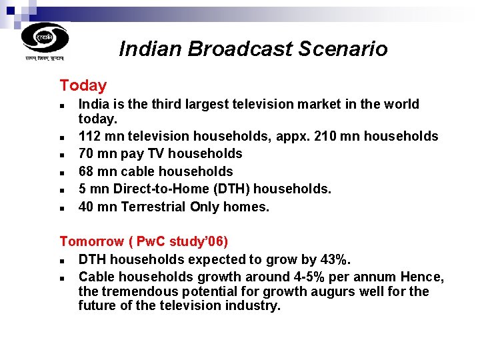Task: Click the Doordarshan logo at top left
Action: pyautogui.click(x=45, y=39)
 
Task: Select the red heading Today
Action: pyautogui.click(x=83, y=85)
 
